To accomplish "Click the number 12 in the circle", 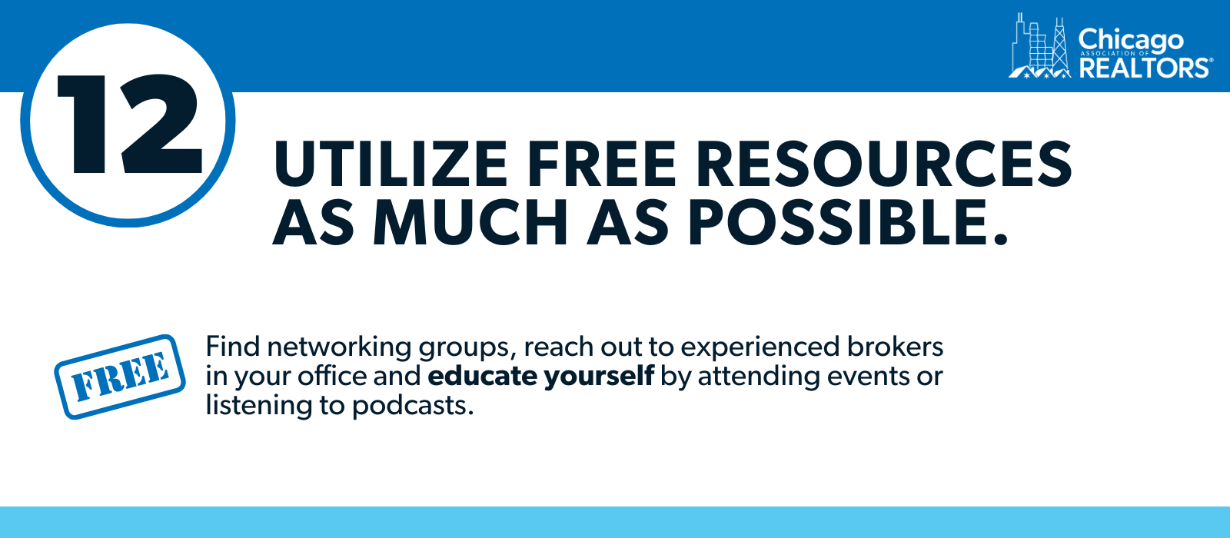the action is point(130,125).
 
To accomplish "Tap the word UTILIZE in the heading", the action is point(391,164).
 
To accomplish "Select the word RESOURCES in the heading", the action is point(883,164).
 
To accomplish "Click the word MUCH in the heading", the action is point(470,223).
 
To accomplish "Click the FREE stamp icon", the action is point(120,377).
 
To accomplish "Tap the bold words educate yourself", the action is point(541,377).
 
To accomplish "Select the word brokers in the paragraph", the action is point(895,347).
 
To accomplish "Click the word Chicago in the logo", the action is point(1131,42).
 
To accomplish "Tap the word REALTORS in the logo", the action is point(1144,68).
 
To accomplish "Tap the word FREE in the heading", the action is point(601,164).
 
